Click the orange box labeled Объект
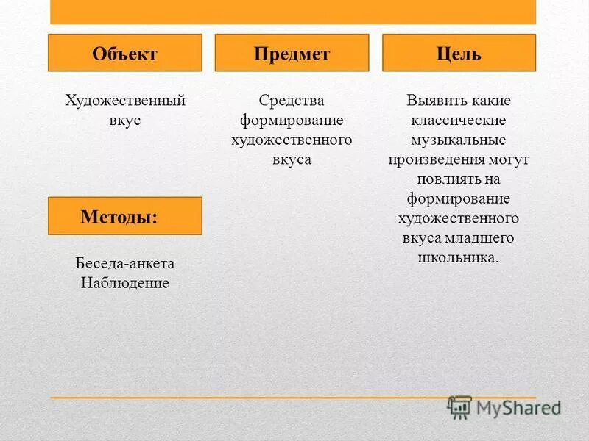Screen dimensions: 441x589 [x=124, y=53]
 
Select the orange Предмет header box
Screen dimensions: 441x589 [x=292, y=53]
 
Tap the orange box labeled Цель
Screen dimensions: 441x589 [x=459, y=53]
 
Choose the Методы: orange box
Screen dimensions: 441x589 [x=124, y=216]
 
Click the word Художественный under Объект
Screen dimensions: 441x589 [x=124, y=101]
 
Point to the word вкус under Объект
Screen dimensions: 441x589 [x=124, y=121]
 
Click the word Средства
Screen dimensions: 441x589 [x=292, y=101]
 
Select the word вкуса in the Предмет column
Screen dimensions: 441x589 [x=292, y=159]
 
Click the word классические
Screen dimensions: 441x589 [x=459, y=121]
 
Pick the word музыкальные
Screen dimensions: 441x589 [x=459, y=140]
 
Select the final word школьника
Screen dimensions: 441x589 [x=458, y=258]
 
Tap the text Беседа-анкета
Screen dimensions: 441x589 [x=124, y=263]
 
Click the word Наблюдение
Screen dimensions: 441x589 [x=124, y=283]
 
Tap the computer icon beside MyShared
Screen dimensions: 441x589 [x=460, y=407]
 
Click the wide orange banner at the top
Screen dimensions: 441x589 [x=293, y=12]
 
